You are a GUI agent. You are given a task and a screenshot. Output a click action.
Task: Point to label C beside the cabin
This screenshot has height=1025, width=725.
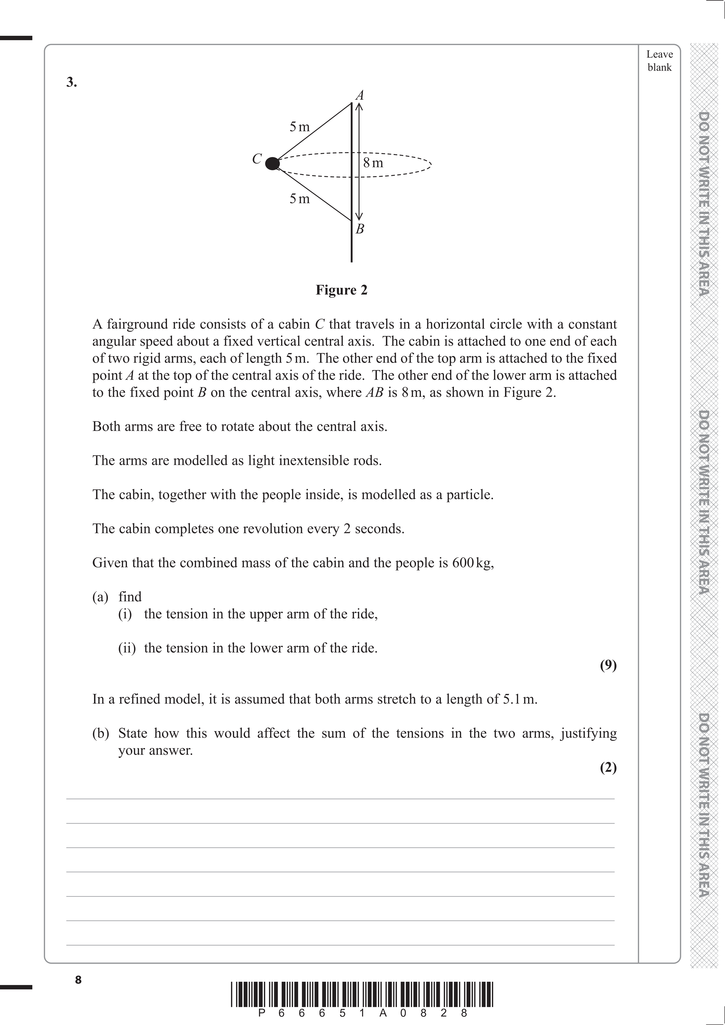(257, 159)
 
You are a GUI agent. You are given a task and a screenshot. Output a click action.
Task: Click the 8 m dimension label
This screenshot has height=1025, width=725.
(373, 163)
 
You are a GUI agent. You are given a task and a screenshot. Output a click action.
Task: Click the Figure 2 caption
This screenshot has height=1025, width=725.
(342, 290)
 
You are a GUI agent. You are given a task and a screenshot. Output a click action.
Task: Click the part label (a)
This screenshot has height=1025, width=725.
(100, 597)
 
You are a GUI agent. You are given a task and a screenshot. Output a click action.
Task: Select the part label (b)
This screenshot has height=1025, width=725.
(100, 733)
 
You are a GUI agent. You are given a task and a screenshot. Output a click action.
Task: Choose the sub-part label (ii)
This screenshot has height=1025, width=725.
(127, 648)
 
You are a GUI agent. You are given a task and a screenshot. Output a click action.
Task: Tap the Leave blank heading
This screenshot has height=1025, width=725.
(659, 61)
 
